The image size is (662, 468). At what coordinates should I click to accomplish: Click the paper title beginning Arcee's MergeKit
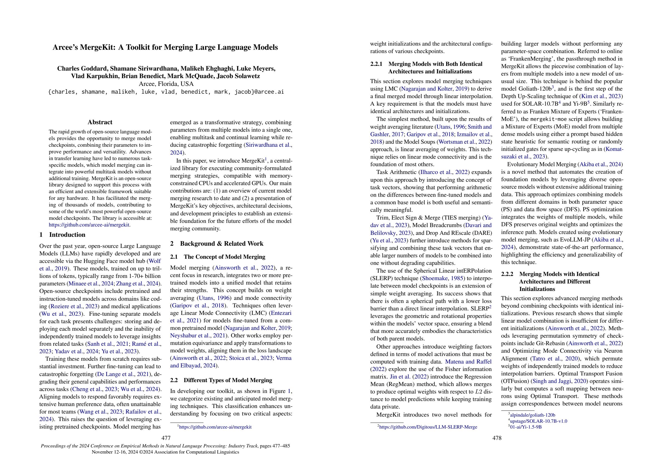165,47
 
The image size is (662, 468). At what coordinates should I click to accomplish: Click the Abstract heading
100,122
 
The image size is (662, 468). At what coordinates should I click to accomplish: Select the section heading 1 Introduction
62,235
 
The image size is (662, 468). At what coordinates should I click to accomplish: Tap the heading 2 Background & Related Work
216,244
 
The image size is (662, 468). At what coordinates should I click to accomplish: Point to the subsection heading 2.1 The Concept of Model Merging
218,257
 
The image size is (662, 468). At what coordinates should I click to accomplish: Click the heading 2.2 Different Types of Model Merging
221,380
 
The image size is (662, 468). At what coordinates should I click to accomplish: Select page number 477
166,438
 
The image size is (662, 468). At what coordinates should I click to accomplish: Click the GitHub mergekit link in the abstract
89,225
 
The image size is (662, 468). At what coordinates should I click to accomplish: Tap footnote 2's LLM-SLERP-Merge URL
428,427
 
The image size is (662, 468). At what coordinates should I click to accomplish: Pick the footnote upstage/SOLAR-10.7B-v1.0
538,421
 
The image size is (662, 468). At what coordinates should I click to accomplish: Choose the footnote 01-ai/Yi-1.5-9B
526,427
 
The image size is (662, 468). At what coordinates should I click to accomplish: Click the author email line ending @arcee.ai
166,92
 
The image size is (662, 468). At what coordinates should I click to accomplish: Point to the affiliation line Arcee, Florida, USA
166,84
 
